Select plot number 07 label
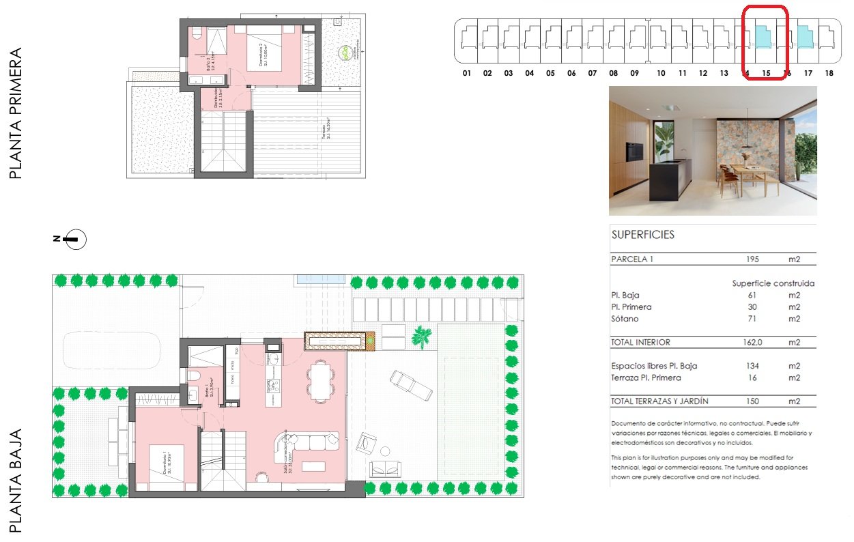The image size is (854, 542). coord(592,73)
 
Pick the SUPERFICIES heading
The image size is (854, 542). coord(642,235)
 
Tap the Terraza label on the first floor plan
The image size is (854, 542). coord(326,130)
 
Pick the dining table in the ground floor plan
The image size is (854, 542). coord(321,380)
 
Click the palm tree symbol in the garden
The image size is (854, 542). coord(421,335)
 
